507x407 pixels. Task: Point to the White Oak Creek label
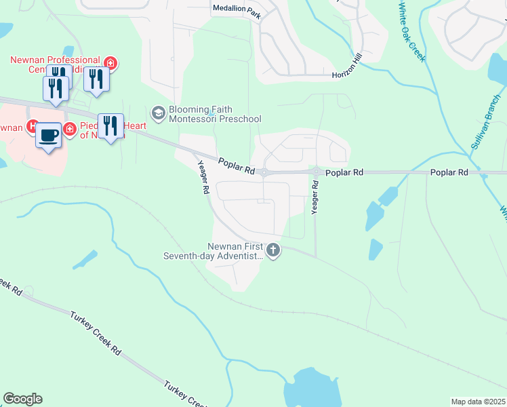pos(411,33)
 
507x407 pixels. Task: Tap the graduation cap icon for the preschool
pos(159,113)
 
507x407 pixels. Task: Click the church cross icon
pos(273,251)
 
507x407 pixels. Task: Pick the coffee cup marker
pos(49,135)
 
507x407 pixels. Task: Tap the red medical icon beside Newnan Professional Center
pos(110,64)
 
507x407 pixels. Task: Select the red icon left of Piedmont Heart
pos(69,129)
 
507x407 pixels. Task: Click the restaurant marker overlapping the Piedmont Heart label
pos(110,125)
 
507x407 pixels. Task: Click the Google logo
pos(22,399)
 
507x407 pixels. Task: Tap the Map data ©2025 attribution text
pos(478,402)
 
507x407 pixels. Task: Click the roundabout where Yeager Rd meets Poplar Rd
pos(316,172)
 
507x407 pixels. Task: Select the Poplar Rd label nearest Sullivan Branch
pos(449,173)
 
